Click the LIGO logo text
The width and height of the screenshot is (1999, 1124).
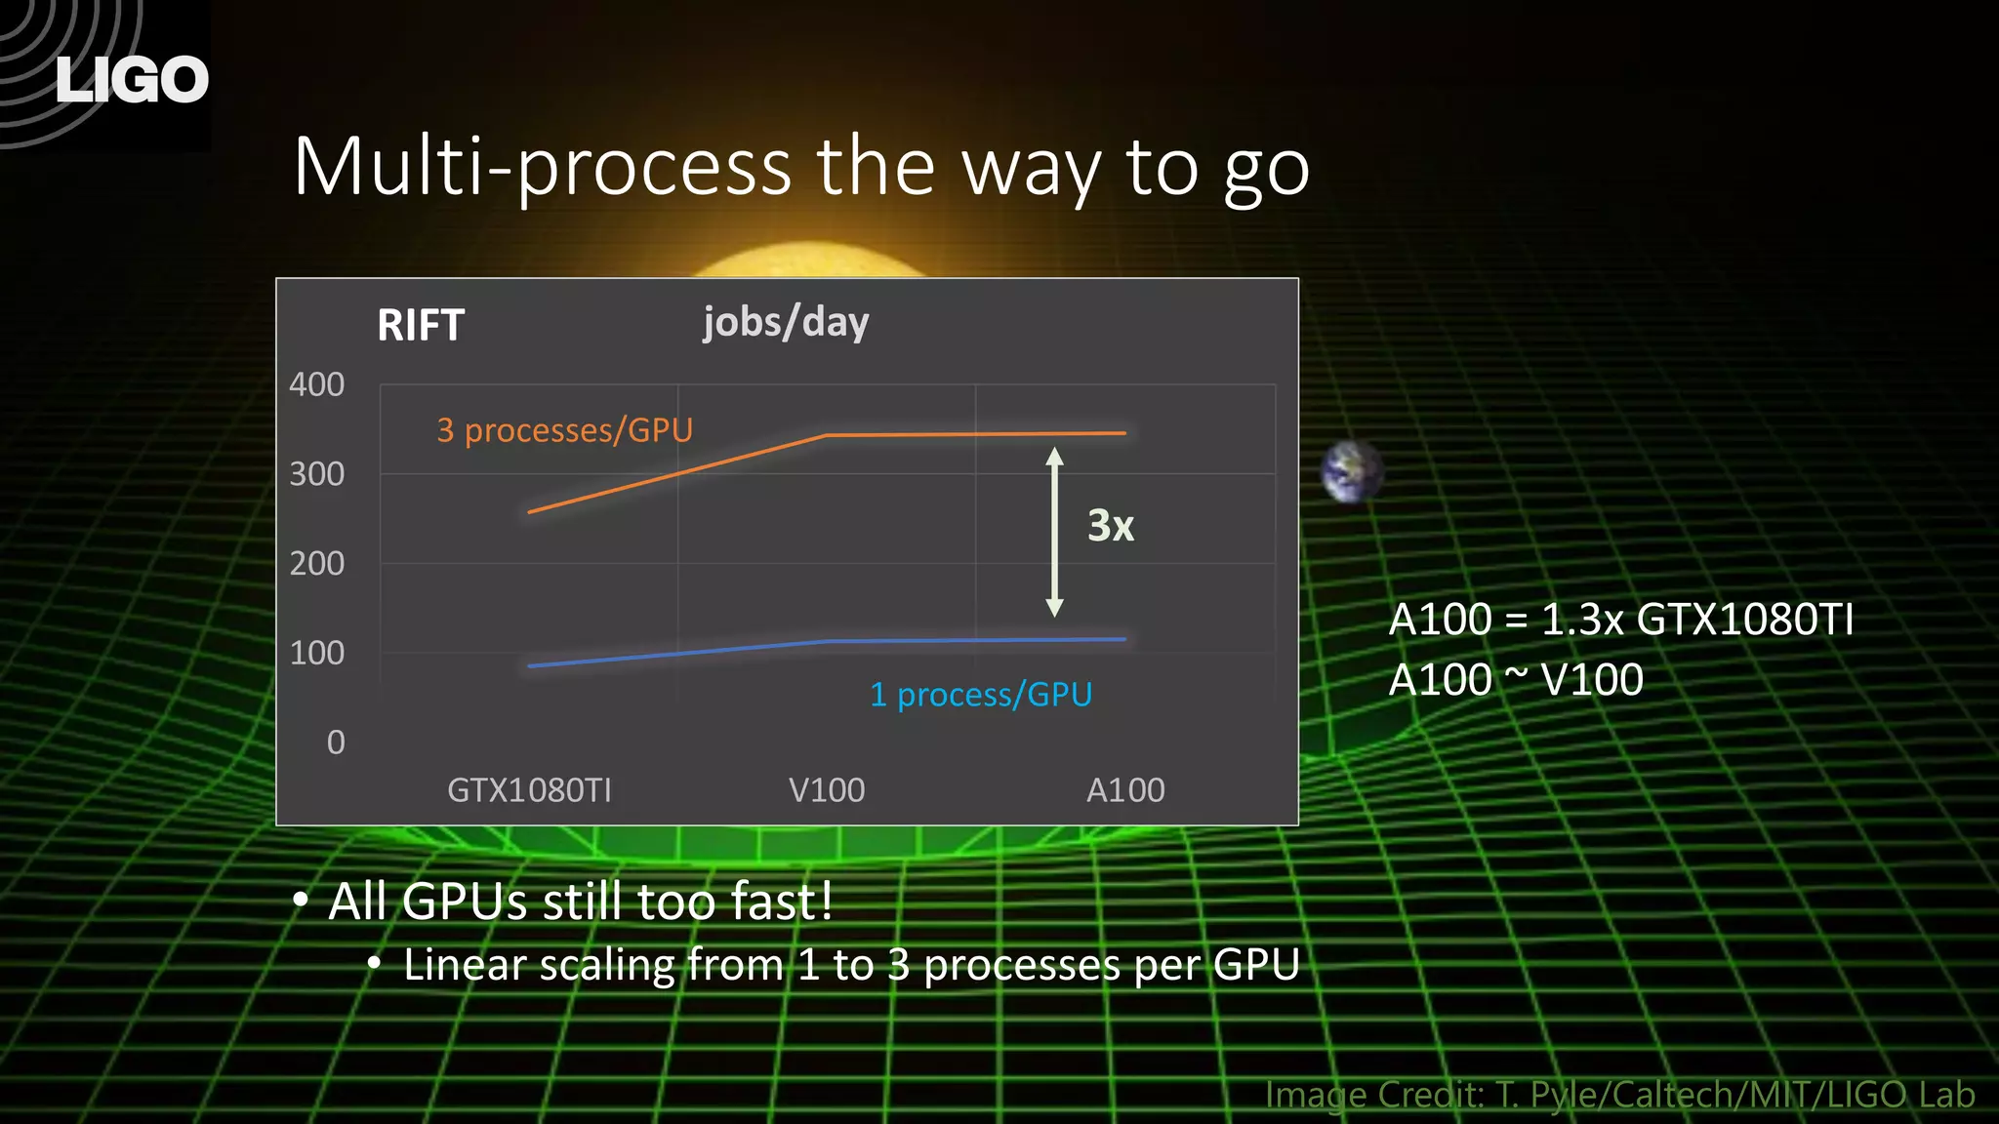click(x=132, y=80)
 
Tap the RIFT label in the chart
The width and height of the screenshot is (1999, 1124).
click(x=421, y=325)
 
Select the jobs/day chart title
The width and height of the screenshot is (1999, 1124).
click(x=786, y=322)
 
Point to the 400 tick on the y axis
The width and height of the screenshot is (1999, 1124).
click(x=316, y=384)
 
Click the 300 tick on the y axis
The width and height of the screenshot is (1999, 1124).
click(x=316, y=474)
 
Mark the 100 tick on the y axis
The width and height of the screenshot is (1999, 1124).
click(x=316, y=653)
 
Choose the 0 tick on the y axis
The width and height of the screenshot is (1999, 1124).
click(x=336, y=743)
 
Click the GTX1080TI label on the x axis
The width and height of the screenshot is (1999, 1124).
click(x=529, y=789)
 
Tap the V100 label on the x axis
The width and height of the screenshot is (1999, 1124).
click(x=827, y=789)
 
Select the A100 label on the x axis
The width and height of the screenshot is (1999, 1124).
click(x=1125, y=789)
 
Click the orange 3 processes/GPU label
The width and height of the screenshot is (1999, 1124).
click(x=564, y=430)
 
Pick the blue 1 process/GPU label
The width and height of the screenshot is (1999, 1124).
click(x=981, y=695)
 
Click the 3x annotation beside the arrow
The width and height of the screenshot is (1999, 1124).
click(x=1111, y=526)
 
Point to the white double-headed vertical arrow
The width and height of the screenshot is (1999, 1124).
click(x=1054, y=532)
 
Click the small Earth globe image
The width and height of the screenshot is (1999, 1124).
click(x=1351, y=471)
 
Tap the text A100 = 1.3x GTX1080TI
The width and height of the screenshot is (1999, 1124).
click(x=1620, y=620)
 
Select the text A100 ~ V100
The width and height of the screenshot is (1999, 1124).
click(x=1516, y=680)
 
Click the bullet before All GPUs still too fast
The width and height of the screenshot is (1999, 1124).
click(x=301, y=900)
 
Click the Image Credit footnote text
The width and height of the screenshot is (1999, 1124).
click(x=1619, y=1095)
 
